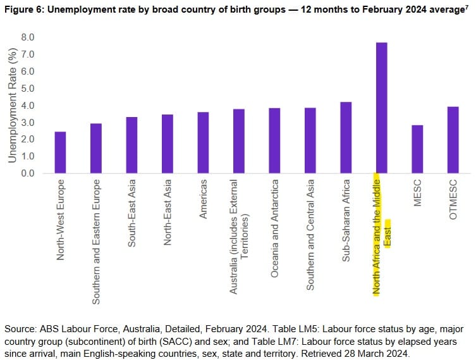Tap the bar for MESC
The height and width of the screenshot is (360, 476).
pos(417,149)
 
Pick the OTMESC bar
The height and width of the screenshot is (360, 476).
pos(453,140)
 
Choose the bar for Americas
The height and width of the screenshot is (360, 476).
pos(203,142)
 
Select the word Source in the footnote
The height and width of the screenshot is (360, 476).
pos(19,330)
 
